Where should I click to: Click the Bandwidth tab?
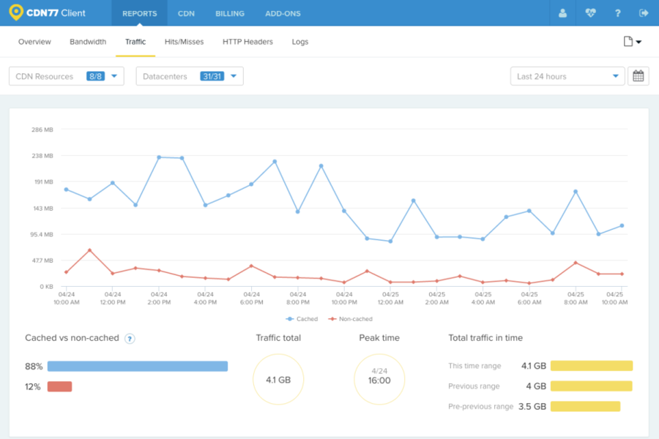(88, 42)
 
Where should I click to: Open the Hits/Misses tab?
(184, 42)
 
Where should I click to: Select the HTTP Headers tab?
(247, 42)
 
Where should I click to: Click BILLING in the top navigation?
(230, 13)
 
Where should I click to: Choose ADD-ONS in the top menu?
(283, 13)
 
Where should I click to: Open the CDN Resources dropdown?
(66, 76)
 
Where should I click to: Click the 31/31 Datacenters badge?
(212, 76)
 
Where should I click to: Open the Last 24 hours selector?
(567, 76)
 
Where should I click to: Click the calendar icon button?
(638, 76)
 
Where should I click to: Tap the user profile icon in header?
(562, 13)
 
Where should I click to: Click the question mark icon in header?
(618, 13)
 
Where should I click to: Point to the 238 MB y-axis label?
(42, 156)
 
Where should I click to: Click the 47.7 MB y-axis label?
(42, 260)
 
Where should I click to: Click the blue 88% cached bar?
(138, 366)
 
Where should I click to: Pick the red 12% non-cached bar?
(59, 386)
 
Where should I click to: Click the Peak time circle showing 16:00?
(379, 380)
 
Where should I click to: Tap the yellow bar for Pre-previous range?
(585, 406)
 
